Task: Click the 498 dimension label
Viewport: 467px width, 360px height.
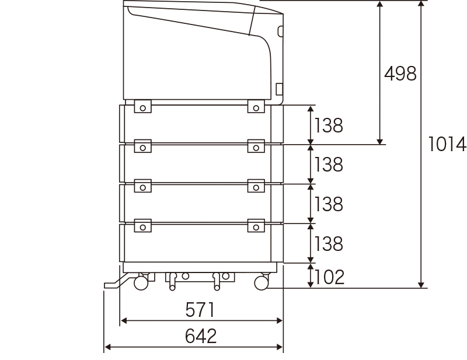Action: (x=400, y=74)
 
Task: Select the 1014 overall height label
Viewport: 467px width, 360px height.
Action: (x=447, y=144)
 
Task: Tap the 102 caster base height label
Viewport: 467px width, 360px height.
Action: (x=329, y=277)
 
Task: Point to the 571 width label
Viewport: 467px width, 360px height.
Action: (x=200, y=310)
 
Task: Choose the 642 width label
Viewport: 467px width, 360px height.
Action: (x=201, y=336)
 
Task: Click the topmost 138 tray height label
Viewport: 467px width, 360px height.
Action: (x=329, y=125)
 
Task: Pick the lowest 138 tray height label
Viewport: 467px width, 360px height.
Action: (x=329, y=243)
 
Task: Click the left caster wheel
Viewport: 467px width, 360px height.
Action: (x=141, y=282)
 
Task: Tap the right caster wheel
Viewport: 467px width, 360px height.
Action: (x=262, y=282)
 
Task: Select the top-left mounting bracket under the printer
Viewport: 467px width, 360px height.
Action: (x=142, y=106)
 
